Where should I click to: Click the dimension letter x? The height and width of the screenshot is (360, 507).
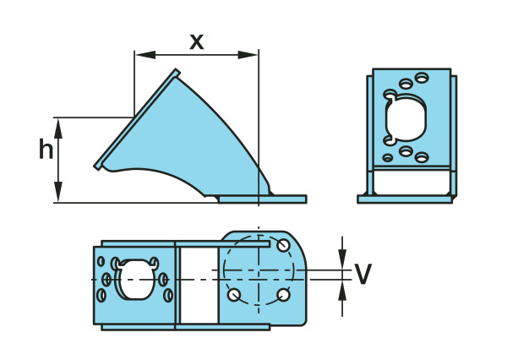[197, 42]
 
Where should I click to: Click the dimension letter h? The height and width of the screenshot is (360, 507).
[46, 149]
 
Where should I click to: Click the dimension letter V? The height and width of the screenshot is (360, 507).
[363, 274]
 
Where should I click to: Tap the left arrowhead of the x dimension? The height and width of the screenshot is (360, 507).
[145, 55]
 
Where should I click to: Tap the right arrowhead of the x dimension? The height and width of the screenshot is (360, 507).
[248, 55]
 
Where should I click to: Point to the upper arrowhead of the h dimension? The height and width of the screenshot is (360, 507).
[58, 128]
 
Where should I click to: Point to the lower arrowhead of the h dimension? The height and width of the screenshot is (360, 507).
[58, 192]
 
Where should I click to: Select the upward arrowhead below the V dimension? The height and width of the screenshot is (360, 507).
[342, 290]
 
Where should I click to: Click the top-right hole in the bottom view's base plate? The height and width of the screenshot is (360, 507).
[283, 245]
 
